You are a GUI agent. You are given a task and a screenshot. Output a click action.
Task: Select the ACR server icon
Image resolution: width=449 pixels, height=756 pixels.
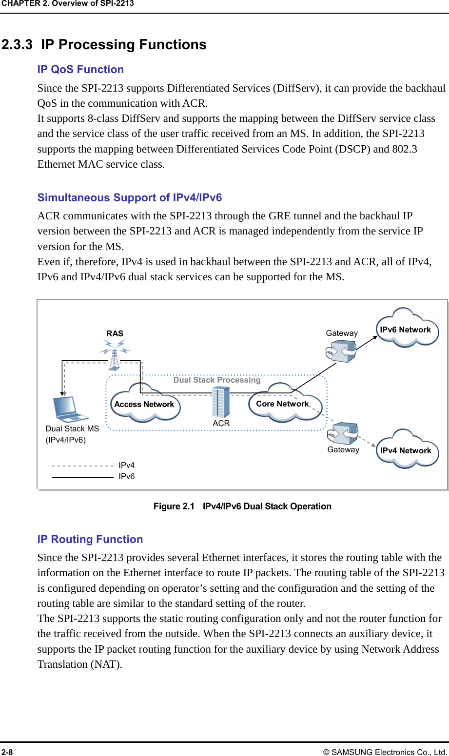click(221, 402)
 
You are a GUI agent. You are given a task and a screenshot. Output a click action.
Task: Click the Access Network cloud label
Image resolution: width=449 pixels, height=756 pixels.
click(144, 405)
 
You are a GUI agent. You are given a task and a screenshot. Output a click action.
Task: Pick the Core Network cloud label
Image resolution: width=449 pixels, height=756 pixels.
click(282, 404)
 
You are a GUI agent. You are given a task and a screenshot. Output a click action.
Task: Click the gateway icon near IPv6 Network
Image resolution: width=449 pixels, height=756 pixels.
click(341, 351)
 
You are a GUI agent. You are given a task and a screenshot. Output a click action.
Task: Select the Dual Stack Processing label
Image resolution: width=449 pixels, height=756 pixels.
click(217, 380)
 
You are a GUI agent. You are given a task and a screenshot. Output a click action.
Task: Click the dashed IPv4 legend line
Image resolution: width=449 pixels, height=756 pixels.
click(82, 465)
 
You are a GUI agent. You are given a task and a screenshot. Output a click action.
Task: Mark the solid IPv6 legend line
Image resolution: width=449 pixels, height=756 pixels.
click(82, 477)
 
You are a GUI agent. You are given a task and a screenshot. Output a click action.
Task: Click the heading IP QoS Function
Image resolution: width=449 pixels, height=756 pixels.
click(80, 70)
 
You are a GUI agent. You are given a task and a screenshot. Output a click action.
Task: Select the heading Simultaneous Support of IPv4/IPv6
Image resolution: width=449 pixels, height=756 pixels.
click(130, 198)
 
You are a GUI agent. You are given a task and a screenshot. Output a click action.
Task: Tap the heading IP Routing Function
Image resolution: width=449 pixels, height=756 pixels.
click(90, 540)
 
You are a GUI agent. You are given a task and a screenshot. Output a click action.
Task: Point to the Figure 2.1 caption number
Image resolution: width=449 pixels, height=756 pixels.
click(174, 506)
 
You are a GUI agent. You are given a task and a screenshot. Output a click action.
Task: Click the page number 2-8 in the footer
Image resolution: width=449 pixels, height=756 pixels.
click(7, 752)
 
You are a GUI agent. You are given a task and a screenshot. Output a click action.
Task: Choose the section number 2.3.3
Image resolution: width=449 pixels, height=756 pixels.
click(17, 45)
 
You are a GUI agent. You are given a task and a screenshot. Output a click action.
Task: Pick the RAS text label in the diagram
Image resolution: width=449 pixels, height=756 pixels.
click(115, 334)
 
